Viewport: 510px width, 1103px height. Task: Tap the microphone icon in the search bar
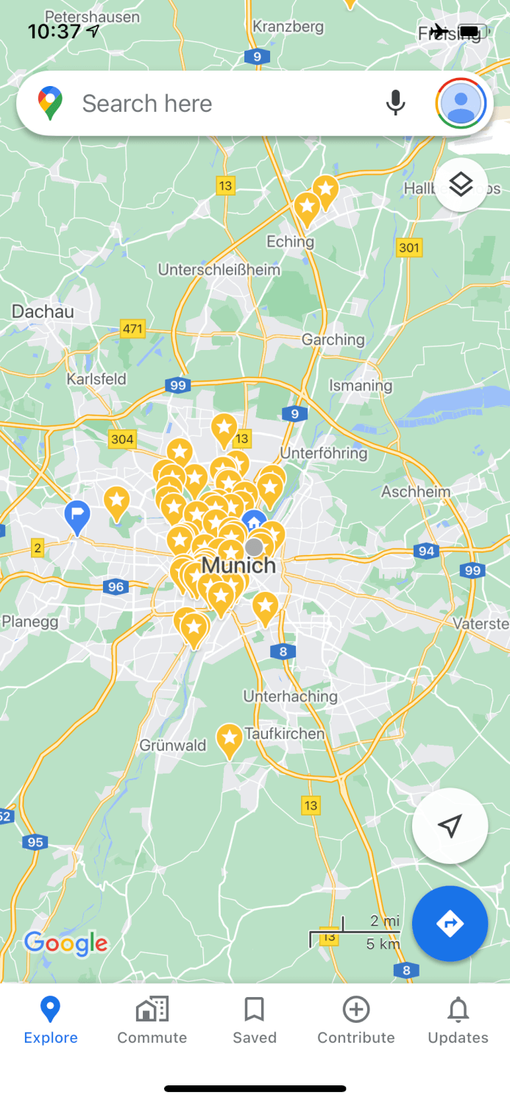[395, 104]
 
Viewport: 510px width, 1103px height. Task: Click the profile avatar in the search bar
[461, 104]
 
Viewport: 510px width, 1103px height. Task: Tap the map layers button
[461, 185]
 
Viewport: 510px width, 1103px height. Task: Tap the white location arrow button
[450, 826]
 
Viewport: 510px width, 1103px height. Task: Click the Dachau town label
[43, 312]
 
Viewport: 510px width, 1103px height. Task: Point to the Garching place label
[333, 340]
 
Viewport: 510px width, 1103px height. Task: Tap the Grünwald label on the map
[173, 746]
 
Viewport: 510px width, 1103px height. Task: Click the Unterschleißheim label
[219, 270]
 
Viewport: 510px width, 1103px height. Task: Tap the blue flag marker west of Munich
[77, 515]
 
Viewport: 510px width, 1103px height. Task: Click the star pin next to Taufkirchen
[230, 739]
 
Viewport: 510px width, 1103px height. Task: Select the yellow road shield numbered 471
[132, 329]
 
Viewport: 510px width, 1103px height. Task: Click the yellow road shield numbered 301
[409, 247]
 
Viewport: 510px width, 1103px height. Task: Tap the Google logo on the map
[65, 943]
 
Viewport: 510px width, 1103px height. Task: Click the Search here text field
[221, 104]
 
